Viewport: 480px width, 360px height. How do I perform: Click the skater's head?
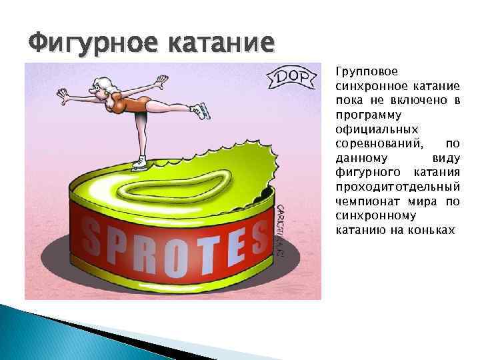click(x=106, y=85)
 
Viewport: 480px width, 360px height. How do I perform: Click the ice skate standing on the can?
click(x=138, y=162)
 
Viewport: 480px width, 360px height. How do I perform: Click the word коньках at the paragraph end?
click(x=429, y=230)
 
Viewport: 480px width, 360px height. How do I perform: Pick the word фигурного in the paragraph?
click(x=366, y=171)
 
